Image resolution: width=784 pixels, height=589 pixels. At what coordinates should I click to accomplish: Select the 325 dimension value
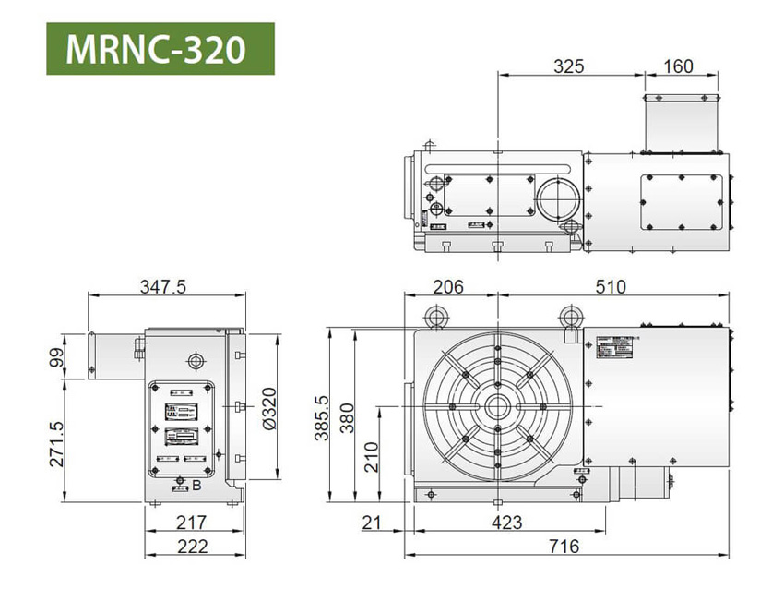point(569,66)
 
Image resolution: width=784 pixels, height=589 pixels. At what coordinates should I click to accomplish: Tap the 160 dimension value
point(677,66)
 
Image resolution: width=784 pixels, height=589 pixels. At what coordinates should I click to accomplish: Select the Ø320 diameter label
point(269,406)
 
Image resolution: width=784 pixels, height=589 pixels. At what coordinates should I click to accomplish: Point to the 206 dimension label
point(448,286)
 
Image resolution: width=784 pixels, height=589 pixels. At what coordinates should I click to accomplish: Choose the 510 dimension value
point(608,286)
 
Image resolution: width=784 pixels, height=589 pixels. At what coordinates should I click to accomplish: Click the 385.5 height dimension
point(322,417)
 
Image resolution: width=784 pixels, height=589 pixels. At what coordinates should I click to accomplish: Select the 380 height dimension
point(347,417)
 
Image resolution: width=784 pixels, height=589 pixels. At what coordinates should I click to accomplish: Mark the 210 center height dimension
point(372,455)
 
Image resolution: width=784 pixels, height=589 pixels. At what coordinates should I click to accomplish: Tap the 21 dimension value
point(371,523)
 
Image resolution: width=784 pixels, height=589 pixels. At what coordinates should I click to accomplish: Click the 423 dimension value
point(504,523)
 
